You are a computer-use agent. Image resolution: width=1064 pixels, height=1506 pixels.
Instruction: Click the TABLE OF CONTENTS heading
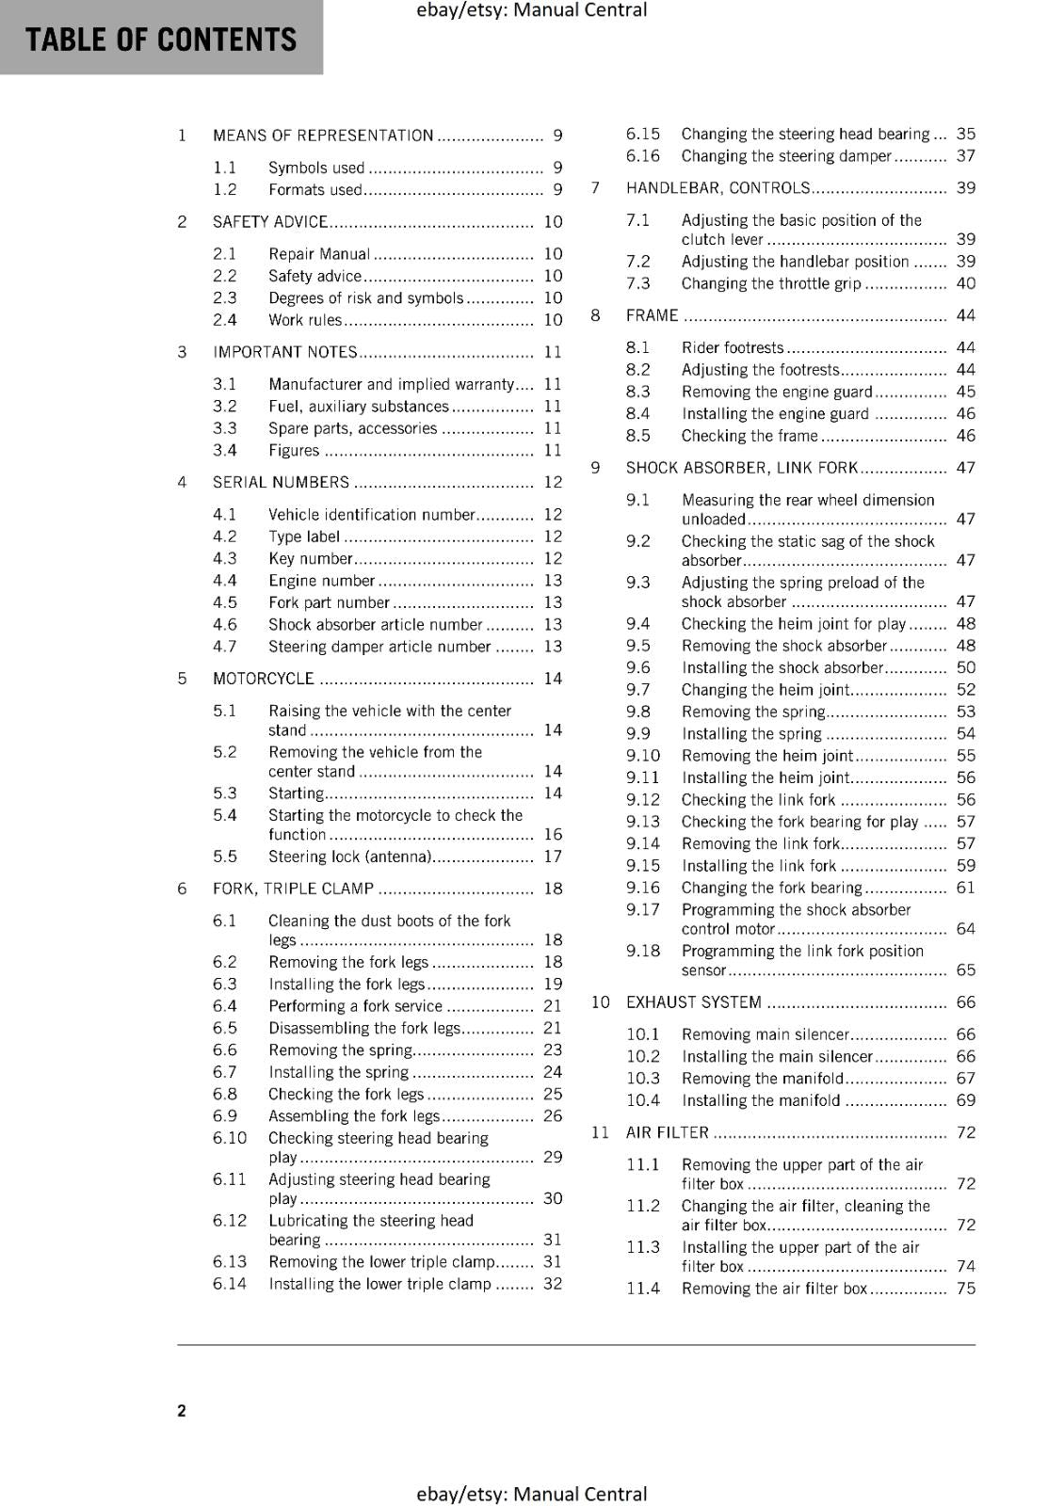pos(161,40)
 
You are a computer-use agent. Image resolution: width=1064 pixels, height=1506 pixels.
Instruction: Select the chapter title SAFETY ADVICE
pos(270,222)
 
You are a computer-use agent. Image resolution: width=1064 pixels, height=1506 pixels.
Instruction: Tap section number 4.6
pos(225,625)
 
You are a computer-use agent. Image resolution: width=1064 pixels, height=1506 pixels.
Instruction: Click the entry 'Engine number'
pos(321,581)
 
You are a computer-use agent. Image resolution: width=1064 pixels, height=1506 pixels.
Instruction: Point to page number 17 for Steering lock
pos(553,857)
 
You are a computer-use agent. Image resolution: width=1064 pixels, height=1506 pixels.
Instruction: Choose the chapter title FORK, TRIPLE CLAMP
pos(293,889)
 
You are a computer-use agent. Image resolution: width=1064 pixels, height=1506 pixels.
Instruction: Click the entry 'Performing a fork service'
pos(355,1006)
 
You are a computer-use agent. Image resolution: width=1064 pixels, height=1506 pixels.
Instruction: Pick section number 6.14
pos(230,1284)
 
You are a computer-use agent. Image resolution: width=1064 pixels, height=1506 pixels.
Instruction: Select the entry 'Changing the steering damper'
pos(786,156)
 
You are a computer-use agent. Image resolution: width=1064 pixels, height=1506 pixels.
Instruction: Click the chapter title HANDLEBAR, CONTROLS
pos(717,188)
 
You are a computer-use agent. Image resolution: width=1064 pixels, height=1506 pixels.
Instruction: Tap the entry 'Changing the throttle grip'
pos(771,283)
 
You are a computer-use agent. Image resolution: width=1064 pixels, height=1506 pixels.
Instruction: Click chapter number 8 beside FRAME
pos(595,315)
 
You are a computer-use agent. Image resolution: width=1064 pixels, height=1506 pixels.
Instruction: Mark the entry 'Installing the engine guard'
pos(775,414)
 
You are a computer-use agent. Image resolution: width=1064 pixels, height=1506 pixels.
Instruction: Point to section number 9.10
pos(643,756)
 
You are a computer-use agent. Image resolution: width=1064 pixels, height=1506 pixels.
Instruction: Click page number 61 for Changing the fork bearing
pos(966,888)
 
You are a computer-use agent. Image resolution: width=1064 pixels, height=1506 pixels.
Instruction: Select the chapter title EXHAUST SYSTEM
pos(694,1002)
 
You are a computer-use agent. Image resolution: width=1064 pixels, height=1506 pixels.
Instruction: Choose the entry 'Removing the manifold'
pos(763,1079)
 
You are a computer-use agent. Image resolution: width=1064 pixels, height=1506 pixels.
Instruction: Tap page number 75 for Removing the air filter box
pos(966,1289)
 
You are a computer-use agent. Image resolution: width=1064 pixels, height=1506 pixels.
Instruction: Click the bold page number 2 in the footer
pos(182,1410)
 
